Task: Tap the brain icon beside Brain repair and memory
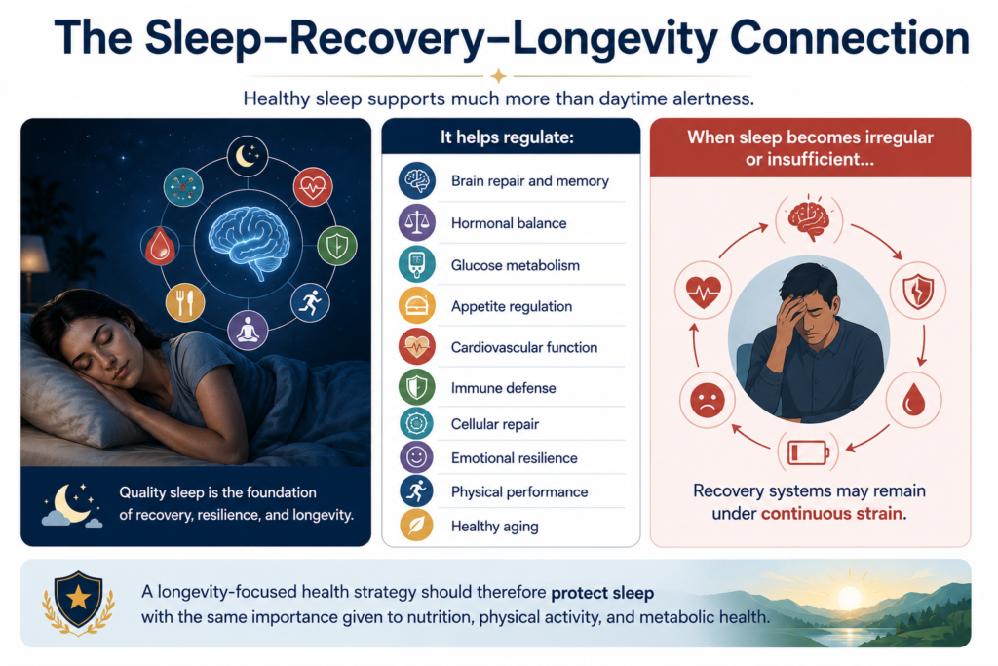coord(417,180)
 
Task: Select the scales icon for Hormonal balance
coord(417,223)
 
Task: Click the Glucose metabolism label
coord(516,265)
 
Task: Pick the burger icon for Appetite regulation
coord(417,306)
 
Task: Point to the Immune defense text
coord(504,388)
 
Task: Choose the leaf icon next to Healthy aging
coord(416,526)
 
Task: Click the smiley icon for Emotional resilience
coord(416,457)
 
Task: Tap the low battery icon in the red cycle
coord(808,452)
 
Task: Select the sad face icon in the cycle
coord(708,401)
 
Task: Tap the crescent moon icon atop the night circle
coord(247,156)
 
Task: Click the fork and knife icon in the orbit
coord(184,302)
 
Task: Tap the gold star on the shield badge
coord(78,598)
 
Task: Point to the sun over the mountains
coord(849,598)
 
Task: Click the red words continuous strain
coord(831,513)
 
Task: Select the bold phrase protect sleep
coord(602,594)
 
